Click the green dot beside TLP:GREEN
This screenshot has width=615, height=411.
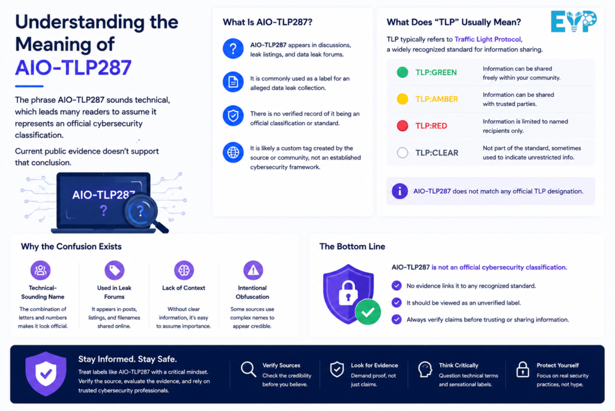click(x=402, y=72)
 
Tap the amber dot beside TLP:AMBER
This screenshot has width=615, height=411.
click(x=402, y=99)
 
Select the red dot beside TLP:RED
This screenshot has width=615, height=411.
click(x=402, y=126)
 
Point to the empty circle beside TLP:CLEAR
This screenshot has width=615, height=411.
click(x=402, y=152)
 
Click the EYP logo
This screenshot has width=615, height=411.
click(x=574, y=21)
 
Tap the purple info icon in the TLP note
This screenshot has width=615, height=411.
click(x=399, y=191)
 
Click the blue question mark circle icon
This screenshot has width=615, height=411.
click(x=233, y=49)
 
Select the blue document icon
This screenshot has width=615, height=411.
click(x=233, y=82)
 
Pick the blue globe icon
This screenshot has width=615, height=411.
click(x=233, y=152)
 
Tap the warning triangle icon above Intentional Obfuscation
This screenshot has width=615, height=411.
click(x=253, y=270)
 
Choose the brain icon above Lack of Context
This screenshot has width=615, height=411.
click(x=184, y=270)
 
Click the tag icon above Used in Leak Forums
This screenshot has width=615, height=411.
click(x=115, y=270)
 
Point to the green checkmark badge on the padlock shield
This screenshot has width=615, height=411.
click(x=368, y=312)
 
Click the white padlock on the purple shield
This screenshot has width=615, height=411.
click(x=348, y=292)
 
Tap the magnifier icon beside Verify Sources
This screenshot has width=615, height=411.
click(x=248, y=369)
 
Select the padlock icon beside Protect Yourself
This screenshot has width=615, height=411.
click(x=523, y=369)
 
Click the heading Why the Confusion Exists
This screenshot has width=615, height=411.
click(x=71, y=246)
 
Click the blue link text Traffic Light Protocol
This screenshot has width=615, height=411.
click(x=488, y=39)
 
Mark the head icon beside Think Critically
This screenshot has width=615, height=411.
click(x=425, y=369)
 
